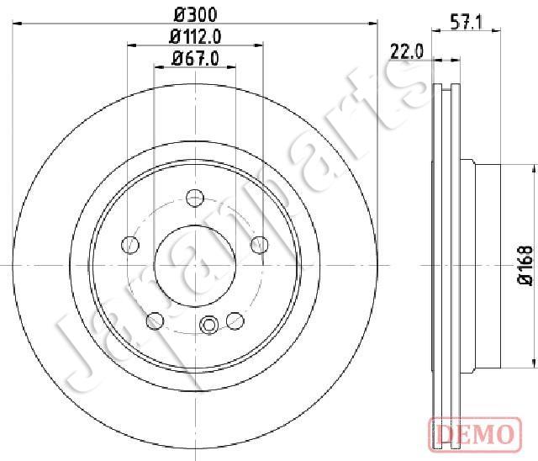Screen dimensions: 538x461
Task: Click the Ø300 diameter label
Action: (x=196, y=15)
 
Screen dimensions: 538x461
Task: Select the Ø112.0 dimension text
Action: (x=195, y=37)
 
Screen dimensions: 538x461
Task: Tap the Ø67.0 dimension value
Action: (x=195, y=58)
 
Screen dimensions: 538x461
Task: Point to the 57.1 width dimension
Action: (x=467, y=24)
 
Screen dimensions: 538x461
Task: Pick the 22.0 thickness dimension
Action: (x=407, y=52)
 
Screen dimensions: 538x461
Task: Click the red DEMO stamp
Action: (x=475, y=434)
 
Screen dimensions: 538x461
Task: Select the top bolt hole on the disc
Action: (x=195, y=198)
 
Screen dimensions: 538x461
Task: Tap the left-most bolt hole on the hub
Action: (x=130, y=245)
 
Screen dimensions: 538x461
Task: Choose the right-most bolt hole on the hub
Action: (x=260, y=245)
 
